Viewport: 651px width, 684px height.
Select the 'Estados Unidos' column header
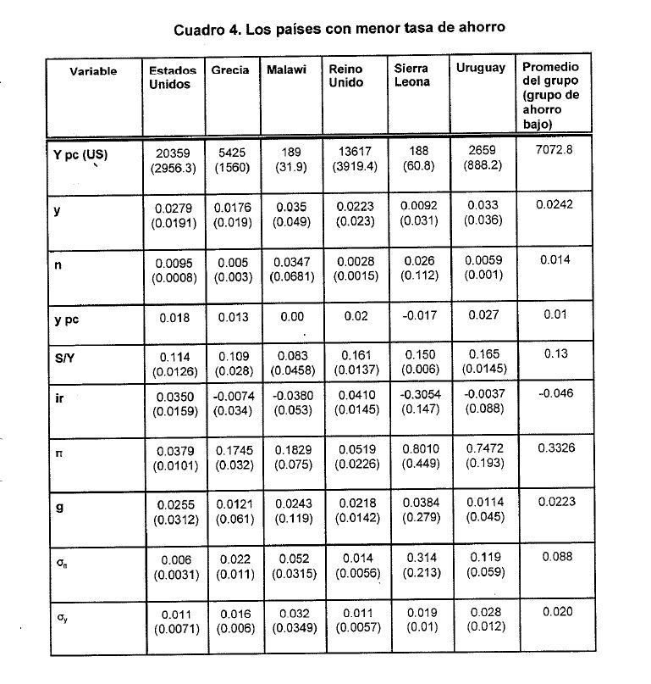pyautogui.click(x=172, y=78)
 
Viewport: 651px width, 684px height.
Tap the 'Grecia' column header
pyautogui.click(x=230, y=70)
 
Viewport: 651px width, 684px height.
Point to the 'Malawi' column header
pyautogui.click(x=286, y=70)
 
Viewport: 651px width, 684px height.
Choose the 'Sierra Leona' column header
pyautogui.click(x=411, y=75)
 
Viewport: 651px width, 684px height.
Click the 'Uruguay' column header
pyautogui.click(x=480, y=69)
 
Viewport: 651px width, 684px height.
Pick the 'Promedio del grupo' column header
pyautogui.click(x=551, y=95)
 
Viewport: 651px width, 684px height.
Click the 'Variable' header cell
pyautogui.click(x=93, y=72)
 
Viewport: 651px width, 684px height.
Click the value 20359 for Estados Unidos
pyautogui.click(x=173, y=152)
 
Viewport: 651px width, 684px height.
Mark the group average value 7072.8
pyautogui.click(x=554, y=150)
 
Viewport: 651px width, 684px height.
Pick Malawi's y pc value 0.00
pyautogui.click(x=290, y=317)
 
